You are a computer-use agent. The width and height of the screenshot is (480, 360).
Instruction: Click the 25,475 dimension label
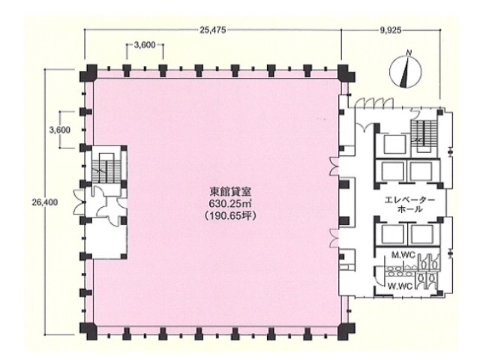tap(213, 30)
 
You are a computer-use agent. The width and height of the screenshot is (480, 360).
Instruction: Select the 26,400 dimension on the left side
tap(45, 202)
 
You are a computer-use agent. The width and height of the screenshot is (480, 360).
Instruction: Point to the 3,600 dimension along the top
tap(145, 45)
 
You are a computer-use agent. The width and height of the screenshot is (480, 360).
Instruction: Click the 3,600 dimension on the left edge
tap(60, 130)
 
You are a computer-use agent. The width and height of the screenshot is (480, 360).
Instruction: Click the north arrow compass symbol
tap(406, 72)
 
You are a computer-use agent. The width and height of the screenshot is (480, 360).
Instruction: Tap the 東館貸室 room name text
tap(230, 192)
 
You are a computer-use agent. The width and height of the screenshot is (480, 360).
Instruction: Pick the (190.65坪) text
tap(230, 215)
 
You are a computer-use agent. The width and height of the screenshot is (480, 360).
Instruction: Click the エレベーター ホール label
tap(409, 205)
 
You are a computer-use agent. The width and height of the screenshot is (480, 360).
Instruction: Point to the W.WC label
tap(398, 286)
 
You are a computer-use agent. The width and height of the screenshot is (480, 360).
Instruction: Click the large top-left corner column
tap(88, 73)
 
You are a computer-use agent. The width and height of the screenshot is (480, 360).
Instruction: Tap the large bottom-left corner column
tap(88, 331)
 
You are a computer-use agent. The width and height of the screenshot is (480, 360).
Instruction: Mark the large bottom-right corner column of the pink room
tap(346, 331)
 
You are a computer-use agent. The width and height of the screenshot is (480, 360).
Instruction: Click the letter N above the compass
tap(408, 53)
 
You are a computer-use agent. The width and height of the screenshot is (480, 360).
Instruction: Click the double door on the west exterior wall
tap(79, 202)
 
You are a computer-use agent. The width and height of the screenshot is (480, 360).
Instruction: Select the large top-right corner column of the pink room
tap(346, 73)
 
